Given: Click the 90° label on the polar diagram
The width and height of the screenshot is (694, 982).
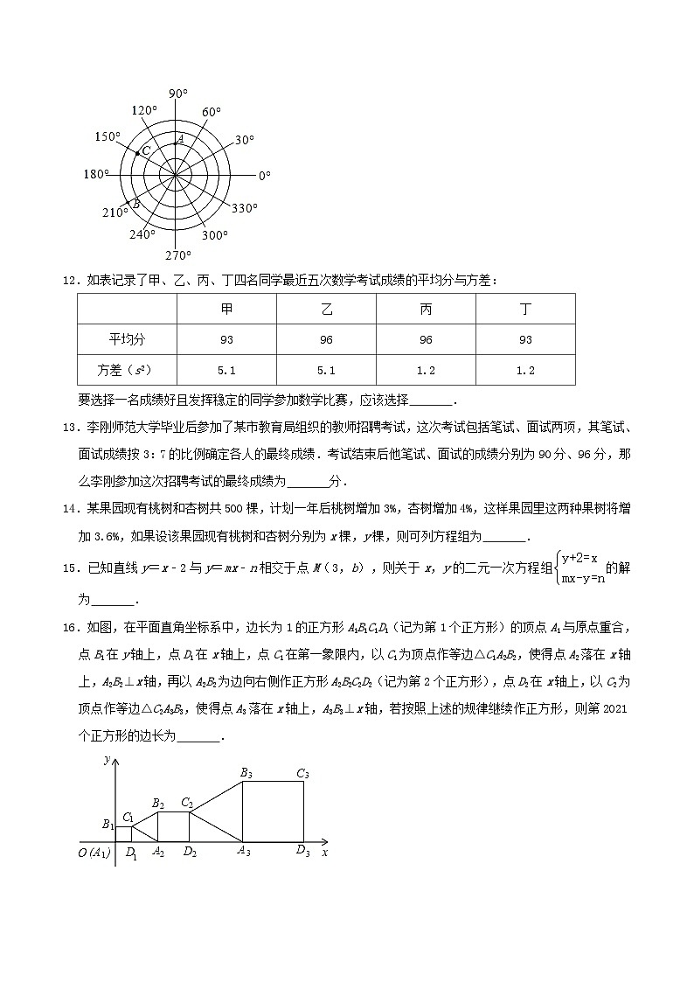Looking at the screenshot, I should pos(178,94).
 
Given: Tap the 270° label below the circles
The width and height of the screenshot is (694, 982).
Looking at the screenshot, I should pos(178,255).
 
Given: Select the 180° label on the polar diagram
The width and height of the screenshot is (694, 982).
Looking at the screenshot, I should pos(96,174).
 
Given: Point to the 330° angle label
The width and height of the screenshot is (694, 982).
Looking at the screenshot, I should pos(245,208).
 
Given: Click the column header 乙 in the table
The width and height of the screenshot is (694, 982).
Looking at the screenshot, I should pos(327,310).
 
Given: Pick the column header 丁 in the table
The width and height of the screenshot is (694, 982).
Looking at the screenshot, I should pos(525,310).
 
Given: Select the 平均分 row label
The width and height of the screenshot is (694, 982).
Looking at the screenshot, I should pos(127,340).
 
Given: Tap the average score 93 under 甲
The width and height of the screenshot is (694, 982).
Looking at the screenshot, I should pos(226,340).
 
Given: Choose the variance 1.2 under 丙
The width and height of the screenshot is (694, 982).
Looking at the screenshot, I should pos(426,370).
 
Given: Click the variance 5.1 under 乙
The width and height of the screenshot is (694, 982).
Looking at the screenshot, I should pos(327,370).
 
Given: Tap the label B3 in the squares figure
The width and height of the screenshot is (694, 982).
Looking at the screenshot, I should pos(246,773).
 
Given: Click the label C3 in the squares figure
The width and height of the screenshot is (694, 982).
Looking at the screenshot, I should pos(303,773).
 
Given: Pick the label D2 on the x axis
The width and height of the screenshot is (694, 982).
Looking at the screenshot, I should pos(190,853).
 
